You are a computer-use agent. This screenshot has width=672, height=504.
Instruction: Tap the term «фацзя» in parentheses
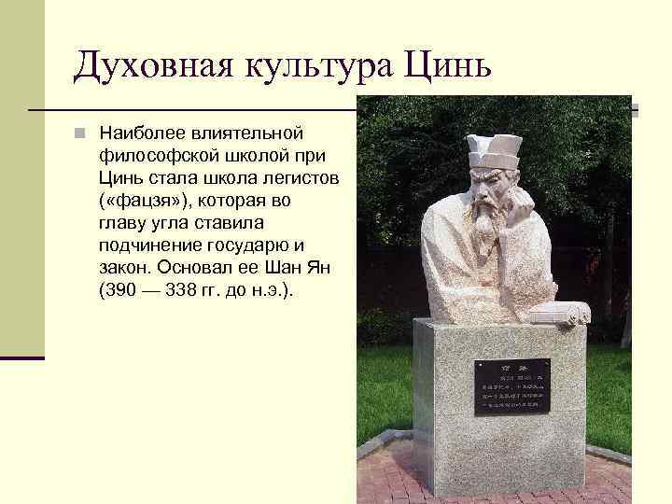click(x=144, y=200)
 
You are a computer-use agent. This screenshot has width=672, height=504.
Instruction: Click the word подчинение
click(x=148, y=245)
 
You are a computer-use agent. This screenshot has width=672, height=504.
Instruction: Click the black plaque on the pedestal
click(x=511, y=387)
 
